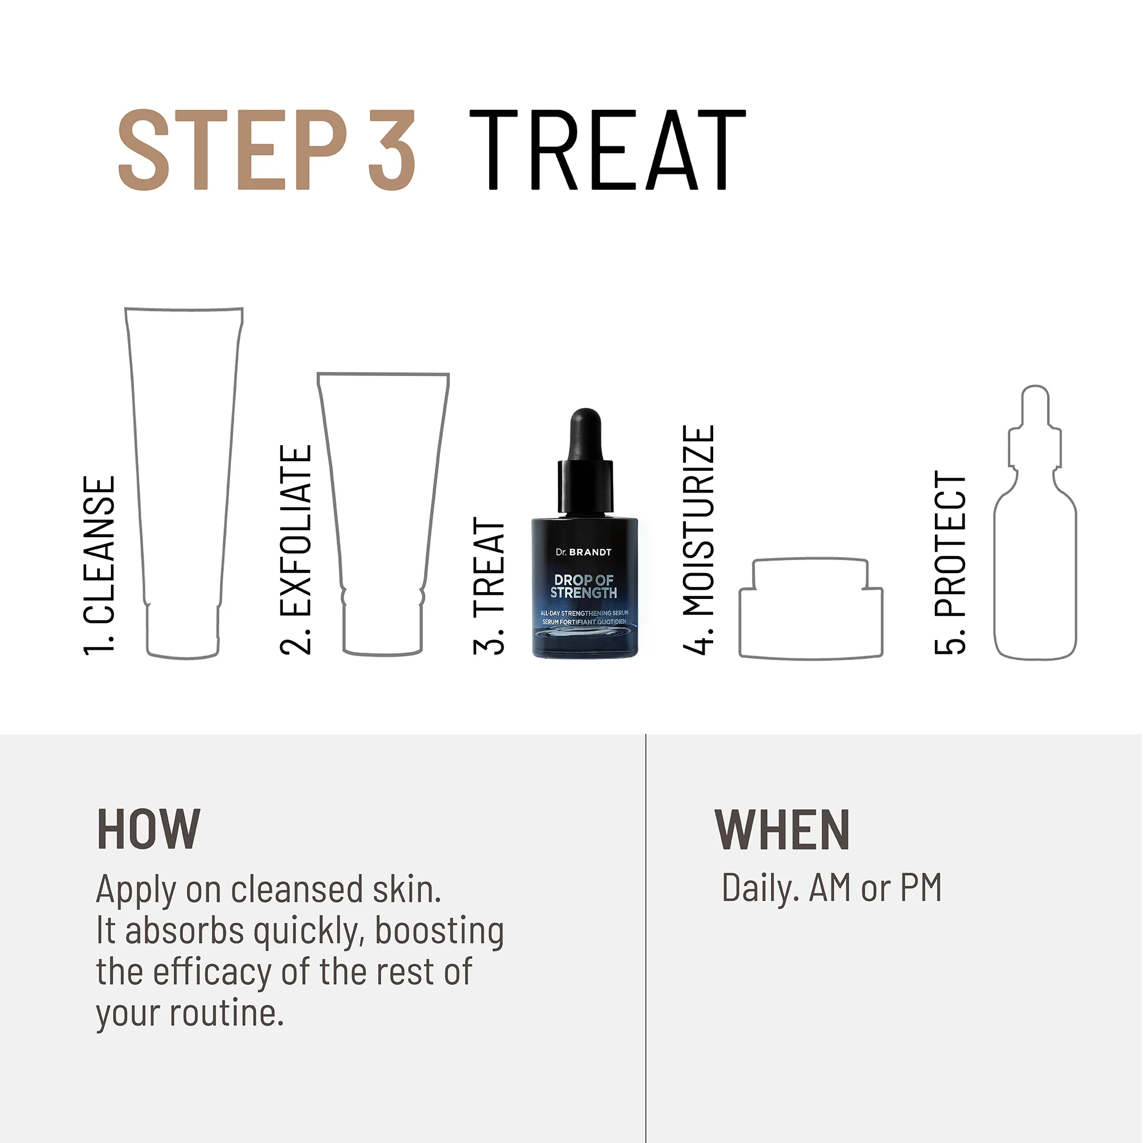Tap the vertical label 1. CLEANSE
pos(99,566)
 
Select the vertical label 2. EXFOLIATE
pos(295,550)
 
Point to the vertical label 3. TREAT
pos(489,586)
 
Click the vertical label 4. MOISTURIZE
pos(699,539)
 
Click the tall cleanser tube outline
pos(183,473)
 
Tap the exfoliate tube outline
pos(383,509)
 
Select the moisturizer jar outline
pos(811,616)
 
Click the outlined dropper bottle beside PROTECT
pos(1036,562)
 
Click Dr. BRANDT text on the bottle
pos(584,552)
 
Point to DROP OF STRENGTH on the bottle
pos(584,586)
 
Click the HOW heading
pos(149,830)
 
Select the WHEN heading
pos(782,830)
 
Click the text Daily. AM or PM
pos(831,889)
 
